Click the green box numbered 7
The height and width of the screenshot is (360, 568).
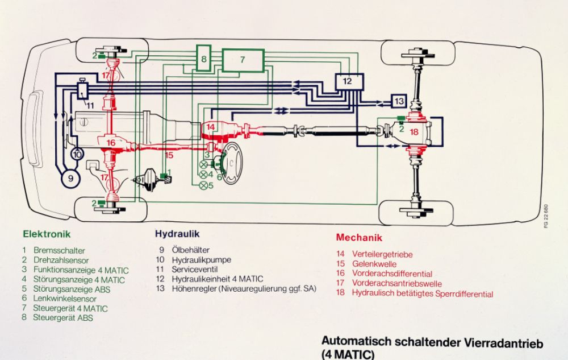pos(243,59)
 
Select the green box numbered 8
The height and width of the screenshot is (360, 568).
pos(204,58)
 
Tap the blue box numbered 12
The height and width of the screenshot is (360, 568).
pos(348,81)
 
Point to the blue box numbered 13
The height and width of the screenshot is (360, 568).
pos(399,101)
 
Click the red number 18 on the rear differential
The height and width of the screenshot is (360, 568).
pos(414,131)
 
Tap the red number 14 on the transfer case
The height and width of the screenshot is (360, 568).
pos(210,126)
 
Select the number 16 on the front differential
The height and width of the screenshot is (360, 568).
pos(111,142)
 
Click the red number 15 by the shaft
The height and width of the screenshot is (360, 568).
pos(168,155)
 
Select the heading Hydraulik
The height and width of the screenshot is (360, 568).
pos(177,234)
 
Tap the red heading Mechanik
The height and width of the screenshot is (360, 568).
pos(359,237)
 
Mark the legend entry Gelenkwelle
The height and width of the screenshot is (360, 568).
pos(374,264)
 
